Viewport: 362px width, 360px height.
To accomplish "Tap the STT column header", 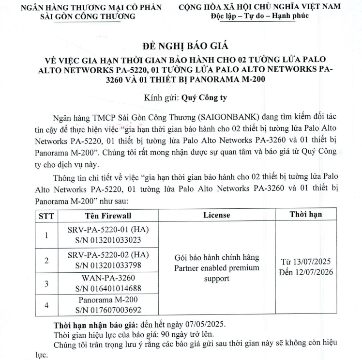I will pyautogui.click(x=46, y=215).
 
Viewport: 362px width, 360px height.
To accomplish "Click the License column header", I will pyautogui.click(x=216, y=215).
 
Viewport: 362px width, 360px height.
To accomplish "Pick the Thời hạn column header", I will pyautogui.click(x=306, y=214).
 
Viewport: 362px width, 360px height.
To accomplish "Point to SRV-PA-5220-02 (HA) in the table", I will pyautogui.click(x=107, y=254).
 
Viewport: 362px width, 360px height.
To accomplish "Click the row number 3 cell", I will pyautogui.click(x=46, y=282).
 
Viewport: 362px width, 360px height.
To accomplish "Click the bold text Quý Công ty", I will pyautogui.click(x=204, y=97).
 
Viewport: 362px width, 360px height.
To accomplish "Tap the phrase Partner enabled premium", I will pyautogui.click(x=216, y=268).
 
